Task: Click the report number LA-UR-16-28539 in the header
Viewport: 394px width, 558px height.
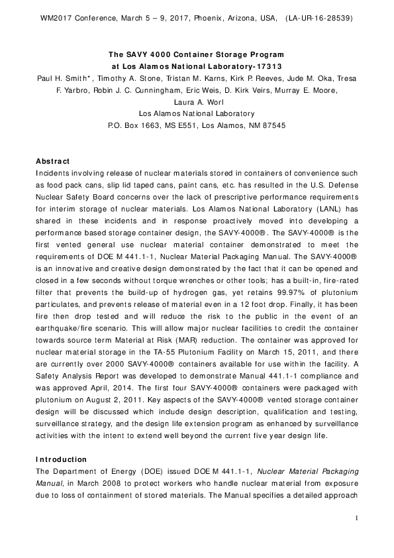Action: (x=323, y=19)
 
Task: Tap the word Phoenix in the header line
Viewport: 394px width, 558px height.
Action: (x=219, y=19)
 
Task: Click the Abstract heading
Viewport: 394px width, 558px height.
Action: (x=53, y=161)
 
